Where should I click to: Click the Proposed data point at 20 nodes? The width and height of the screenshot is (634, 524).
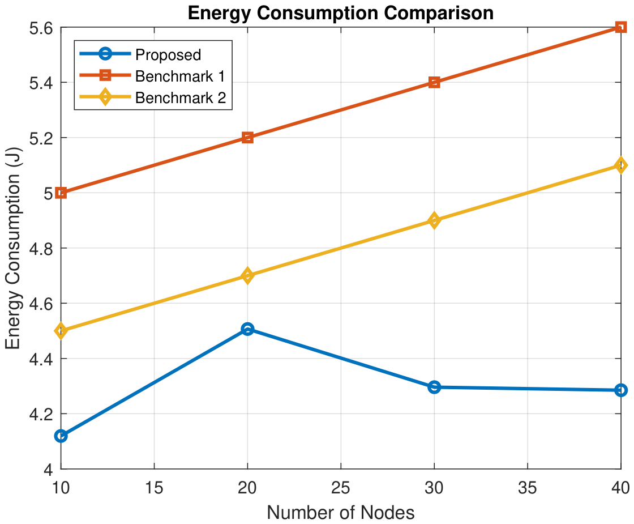coord(247,329)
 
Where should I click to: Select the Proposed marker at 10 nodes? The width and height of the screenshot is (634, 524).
coord(61,436)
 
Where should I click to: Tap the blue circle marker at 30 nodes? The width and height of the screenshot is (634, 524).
coord(434,387)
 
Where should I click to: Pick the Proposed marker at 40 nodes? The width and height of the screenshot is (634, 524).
coord(620,390)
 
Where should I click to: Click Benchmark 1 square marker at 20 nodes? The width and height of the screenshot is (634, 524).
coord(247,138)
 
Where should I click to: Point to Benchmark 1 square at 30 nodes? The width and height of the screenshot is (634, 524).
coord(434,83)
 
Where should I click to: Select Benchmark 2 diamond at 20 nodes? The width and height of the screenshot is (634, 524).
coord(247,276)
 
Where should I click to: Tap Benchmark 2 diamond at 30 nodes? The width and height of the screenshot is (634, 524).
coord(434,220)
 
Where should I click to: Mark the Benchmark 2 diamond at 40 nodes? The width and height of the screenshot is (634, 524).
coord(620,165)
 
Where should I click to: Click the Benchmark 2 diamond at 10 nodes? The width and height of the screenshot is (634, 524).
coord(61,331)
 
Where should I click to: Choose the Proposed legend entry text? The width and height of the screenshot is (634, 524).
coord(168,54)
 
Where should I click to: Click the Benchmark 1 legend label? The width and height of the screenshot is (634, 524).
coord(180,76)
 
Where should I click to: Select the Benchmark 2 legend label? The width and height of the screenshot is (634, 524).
coord(181,97)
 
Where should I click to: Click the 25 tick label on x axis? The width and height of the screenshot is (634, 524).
coord(340,488)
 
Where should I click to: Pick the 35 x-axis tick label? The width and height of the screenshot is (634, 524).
coord(527,488)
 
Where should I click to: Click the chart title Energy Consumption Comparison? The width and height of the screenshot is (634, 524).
coord(340,13)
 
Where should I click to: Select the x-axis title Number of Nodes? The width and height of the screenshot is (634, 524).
coord(341,512)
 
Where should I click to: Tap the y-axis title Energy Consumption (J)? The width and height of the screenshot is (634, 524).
coord(13,248)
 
